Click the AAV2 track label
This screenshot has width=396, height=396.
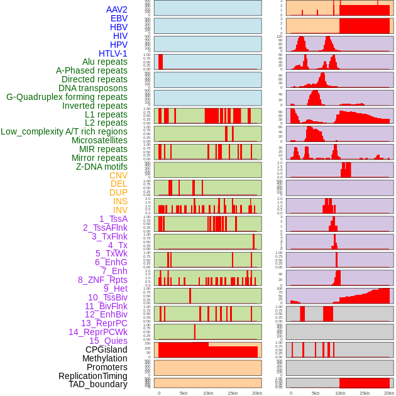tap(116, 9)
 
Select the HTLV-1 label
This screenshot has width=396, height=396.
tap(113, 53)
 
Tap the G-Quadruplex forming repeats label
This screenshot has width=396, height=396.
tap(67, 97)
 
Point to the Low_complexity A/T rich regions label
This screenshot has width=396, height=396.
tap(64, 131)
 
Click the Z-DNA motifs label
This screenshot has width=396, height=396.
tap(101, 167)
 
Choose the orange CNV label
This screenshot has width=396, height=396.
tap(118, 175)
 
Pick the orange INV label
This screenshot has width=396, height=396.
tap(120, 210)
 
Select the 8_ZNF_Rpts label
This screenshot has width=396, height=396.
tap(102, 280)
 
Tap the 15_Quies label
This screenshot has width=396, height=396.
tap(107, 341)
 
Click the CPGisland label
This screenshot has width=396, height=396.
tap(106, 349)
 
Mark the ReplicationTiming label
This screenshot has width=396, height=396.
tap(92, 376)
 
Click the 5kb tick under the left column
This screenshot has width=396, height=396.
tap(184, 393)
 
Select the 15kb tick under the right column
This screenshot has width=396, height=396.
tap(364, 393)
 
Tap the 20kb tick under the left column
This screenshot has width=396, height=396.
tap(256, 393)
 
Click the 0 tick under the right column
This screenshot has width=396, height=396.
tap(290, 393)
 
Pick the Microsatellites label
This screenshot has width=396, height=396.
tap(99, 140)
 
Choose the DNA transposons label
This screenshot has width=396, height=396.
tap(93, 88)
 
